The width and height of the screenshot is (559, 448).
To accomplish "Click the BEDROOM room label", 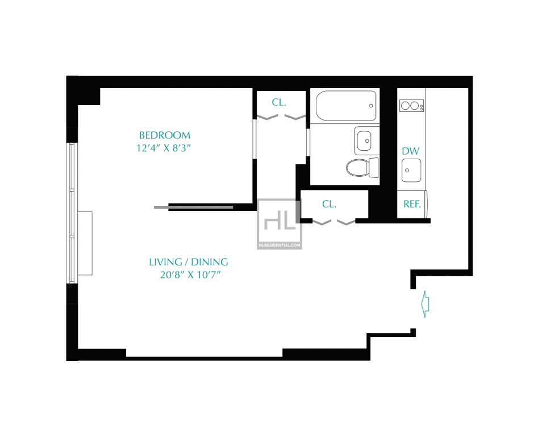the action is pos(165,135).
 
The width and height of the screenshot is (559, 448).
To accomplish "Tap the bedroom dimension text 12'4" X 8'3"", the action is pos(164,148).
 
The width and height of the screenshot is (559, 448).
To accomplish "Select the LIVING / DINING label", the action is pos(189,262).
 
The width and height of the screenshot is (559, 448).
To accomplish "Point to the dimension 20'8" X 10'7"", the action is pos(190,275).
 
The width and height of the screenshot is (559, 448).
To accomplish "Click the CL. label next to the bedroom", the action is pos(279,103).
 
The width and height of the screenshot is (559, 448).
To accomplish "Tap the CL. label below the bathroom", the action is pos(329,204).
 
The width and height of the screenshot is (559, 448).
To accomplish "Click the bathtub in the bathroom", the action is pos(346,106).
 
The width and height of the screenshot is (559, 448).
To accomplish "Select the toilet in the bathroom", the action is pos(362,168).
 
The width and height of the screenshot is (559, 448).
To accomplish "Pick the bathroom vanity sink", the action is pos(364,140).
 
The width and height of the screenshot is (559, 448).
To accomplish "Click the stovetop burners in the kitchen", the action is pos(412,106).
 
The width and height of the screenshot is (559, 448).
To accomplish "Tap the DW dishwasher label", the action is pos(411,151).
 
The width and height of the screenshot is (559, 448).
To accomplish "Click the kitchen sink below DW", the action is pos(411,171).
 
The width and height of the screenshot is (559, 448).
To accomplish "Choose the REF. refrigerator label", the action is pos(412,204).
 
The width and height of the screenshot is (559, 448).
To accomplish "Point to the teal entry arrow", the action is pos(425,304).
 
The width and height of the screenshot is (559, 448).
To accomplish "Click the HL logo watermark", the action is pos(280,221).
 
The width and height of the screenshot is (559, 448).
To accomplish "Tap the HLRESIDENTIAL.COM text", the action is pos(279,245).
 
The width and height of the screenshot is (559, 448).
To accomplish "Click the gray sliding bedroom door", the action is pos(194,208).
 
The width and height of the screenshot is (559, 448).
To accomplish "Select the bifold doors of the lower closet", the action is pos(333,222).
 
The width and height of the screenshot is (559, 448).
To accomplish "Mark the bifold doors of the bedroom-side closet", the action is pos(281,117).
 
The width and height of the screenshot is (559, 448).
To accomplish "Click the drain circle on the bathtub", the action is pos(371,106).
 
